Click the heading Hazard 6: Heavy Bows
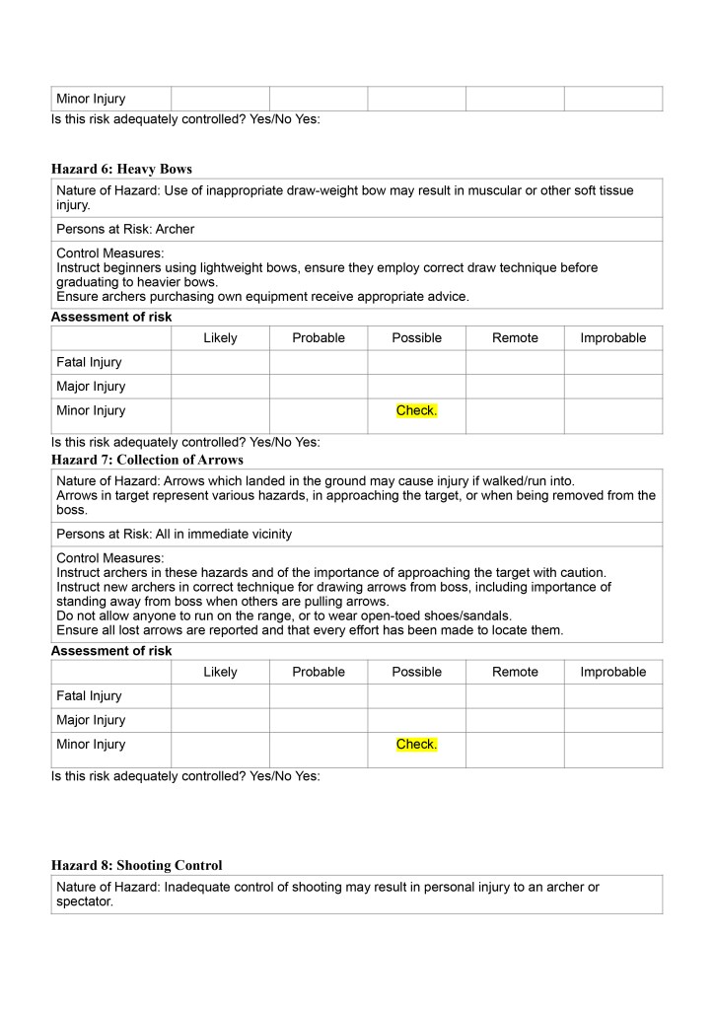121,170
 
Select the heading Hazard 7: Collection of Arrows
147,460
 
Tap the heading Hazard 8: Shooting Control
136,865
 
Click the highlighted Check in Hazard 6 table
416,410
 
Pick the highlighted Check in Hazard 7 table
416,745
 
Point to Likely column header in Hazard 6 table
220,337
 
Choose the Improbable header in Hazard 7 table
612,672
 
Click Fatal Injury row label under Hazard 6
89,362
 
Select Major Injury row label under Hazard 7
91,720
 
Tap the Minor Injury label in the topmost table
91,99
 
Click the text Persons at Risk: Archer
125,229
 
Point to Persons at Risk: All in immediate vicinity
174,535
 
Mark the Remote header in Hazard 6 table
515,337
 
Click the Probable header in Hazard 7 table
319,672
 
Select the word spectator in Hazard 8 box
85,902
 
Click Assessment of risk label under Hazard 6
110,317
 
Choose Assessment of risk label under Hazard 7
110,651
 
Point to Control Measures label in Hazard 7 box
109,558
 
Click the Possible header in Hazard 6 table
416,337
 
